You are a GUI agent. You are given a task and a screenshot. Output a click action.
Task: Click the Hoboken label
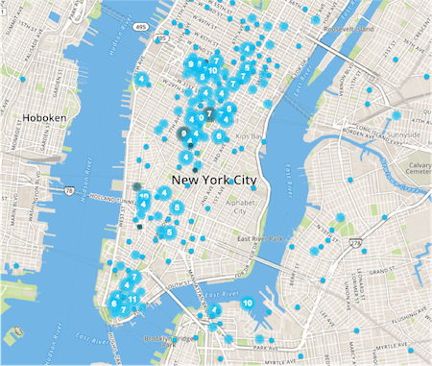coord(43,117)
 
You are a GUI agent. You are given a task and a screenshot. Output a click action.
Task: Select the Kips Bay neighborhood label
coord(250,136)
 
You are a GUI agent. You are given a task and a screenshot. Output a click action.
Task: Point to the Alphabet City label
coord(237,208)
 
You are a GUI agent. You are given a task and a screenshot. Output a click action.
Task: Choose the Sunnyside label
coord(400,135)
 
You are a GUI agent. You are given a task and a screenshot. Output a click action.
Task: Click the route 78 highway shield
coord(70,190)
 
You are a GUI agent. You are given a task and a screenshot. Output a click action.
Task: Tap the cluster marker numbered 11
coord(134,299)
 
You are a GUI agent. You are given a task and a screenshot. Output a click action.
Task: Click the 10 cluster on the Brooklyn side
coord(248,303)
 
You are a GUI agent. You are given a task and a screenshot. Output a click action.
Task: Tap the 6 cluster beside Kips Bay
coord(219,136)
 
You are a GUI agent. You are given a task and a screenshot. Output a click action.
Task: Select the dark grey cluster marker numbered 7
coord(208,113)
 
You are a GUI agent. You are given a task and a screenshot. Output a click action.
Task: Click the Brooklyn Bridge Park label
coord(168,338)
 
